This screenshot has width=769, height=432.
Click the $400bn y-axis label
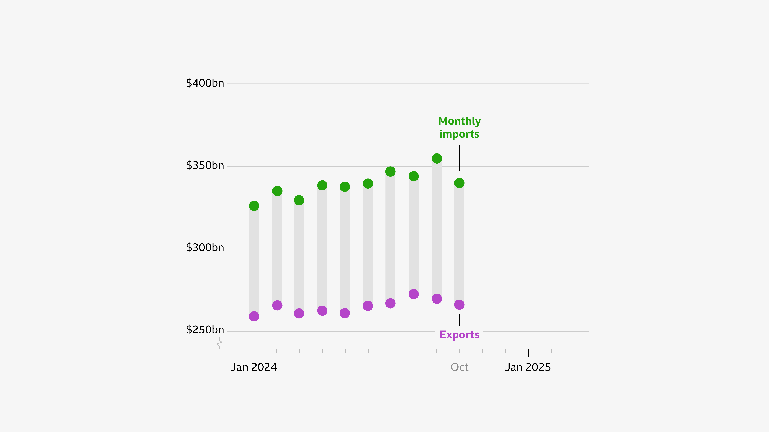[205, 83]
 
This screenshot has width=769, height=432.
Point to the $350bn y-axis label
[205, 165]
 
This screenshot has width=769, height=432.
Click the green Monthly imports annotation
[459, 128]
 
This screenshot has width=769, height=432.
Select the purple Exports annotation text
[459, 335]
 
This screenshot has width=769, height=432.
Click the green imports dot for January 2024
[254, 206]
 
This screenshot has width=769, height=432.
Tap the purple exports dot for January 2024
[254, 316]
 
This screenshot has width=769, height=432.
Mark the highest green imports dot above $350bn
[437, 158]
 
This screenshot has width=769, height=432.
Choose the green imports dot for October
[459, 183]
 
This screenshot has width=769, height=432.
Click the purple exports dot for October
[459, 305]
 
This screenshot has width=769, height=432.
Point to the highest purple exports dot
[413, 294]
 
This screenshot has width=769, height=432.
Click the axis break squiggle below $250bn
[219, 343]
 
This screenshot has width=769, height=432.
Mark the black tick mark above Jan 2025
[528, 353]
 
